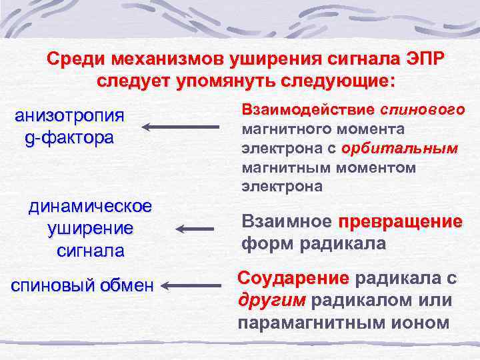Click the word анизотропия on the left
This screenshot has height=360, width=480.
click(69, 116)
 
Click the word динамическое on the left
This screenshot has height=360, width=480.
click(90, 207)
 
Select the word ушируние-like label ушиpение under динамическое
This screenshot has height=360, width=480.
click(90, 229)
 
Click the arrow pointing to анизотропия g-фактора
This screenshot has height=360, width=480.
click(181, 127)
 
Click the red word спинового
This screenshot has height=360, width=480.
click(423, 109)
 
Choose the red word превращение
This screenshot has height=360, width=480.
click(400, 222)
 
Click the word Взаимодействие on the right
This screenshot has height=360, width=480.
click(308, 109)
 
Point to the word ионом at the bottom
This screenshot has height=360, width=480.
click(425, 323)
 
